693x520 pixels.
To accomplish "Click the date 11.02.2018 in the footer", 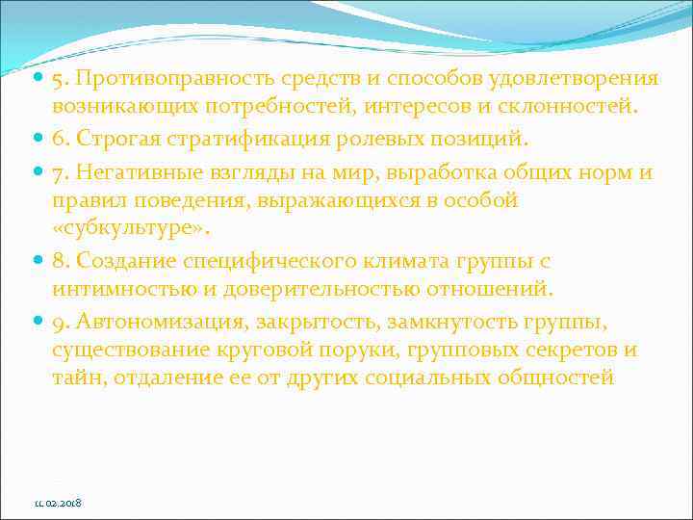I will click(58, 504).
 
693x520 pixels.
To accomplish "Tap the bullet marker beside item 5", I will click(38, 78).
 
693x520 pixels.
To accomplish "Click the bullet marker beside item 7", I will click(38, 173).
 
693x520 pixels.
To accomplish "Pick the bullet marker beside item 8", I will click(38, 261).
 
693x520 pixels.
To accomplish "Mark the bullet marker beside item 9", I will click(38, 319).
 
